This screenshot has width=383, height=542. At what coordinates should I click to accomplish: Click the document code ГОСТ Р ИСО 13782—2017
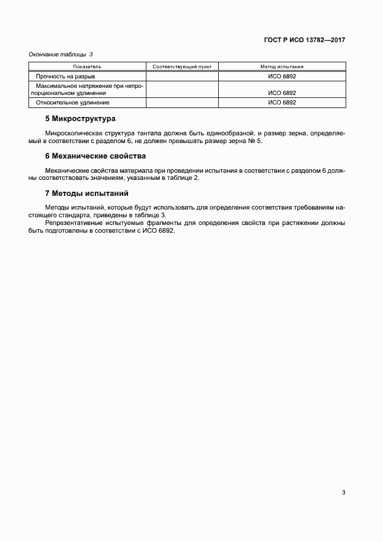(x=304, y=40)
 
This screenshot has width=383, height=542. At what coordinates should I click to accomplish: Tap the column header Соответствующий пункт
(x=182, y=67)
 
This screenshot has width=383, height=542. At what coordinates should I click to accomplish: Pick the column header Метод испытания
(x=282, y=67)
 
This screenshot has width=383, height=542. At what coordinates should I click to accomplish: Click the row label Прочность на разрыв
(x=66, y=77)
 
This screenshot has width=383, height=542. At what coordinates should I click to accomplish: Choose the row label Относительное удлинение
(x=68, y=102)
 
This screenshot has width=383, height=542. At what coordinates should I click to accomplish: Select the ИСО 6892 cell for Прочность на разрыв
(x=282, y=77)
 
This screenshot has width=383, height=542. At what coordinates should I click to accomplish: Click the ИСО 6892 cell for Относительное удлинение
(x=282, y=102)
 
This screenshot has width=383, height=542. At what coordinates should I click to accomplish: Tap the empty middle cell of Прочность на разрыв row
(x=182, y=77)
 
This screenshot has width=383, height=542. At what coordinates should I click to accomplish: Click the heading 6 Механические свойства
(x=95, y=156)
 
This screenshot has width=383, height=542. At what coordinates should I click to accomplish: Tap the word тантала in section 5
(x=156, y=134)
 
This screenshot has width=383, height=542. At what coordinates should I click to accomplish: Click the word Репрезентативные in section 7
(x=71, y=223)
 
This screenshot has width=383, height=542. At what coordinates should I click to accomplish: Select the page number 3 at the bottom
(x=343, y=492)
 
